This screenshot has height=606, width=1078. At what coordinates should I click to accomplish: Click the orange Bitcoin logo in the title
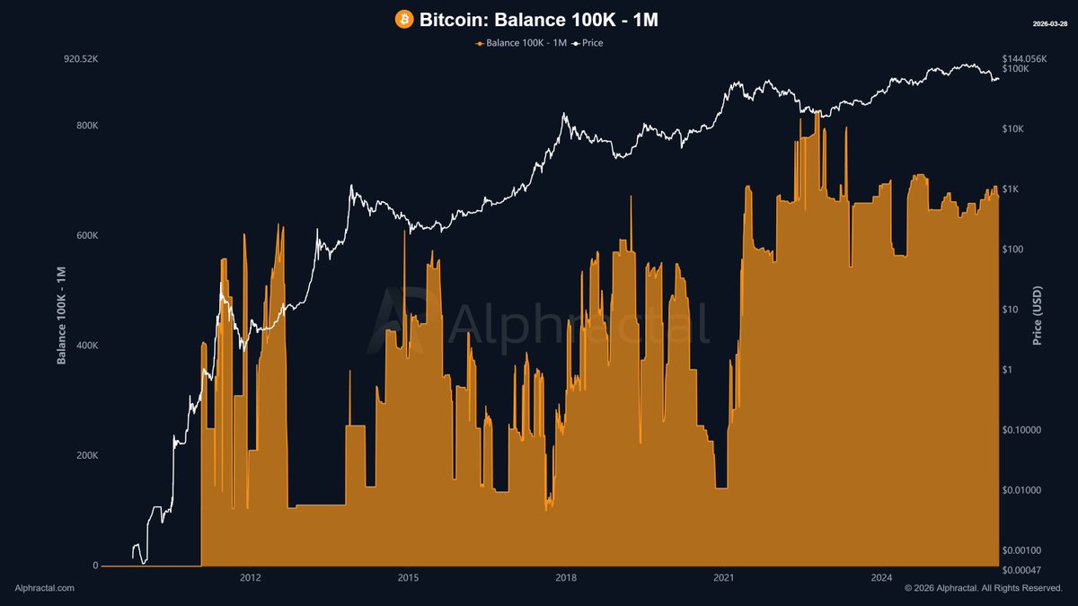pyautogui.click(x=404, y=20)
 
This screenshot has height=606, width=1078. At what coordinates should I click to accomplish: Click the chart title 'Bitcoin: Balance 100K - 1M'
pyautogui.click(x=539, y=20)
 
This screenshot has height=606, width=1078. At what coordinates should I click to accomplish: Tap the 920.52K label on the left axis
pyautogui.click(x=81, y=59)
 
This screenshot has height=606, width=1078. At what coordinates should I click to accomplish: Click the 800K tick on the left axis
pyautogui.click(x=86, y=126)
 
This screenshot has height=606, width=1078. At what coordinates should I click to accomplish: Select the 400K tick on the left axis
pyautogui.click(x=86, y=346)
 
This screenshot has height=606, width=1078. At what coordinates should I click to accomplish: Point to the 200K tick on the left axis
pyautogui.click(x=86, y=456)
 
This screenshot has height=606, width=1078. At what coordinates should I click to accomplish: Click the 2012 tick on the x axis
pyautogui.click(x=251, y=578)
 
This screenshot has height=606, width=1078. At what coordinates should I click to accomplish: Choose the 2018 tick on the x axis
pyautogui.click(x=566, y=578)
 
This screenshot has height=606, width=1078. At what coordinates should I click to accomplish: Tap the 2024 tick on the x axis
pyautogui.click(x=882, y=578)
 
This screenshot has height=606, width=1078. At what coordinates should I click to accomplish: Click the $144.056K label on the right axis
pyautogui.click(x=1025, y=58)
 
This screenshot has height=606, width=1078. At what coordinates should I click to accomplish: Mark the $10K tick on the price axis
pyautogui.click(x=1013, y=129)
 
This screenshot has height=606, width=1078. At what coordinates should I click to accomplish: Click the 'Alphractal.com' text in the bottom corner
pyautogui.click(x=45, y=588)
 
